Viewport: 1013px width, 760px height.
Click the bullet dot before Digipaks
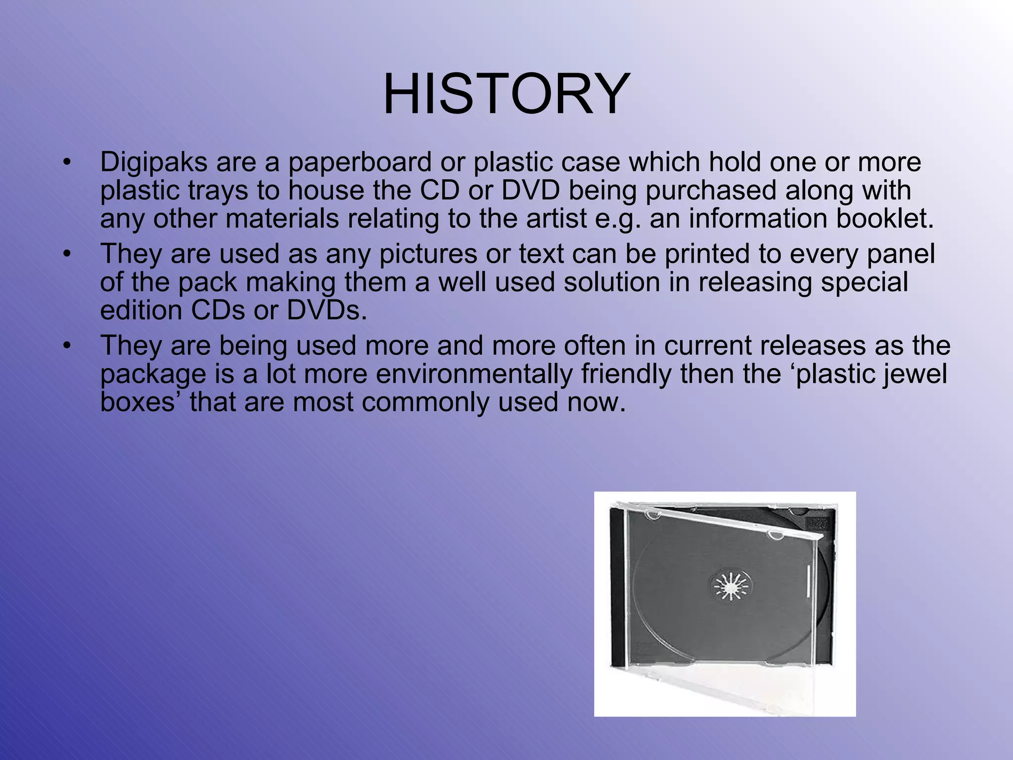click(67, 163)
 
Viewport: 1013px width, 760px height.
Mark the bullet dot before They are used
click(67, 254)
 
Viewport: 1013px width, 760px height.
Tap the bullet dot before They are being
click(67, 346)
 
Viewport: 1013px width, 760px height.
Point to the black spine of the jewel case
click(618, 589)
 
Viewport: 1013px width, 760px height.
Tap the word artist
click(556, 219)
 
